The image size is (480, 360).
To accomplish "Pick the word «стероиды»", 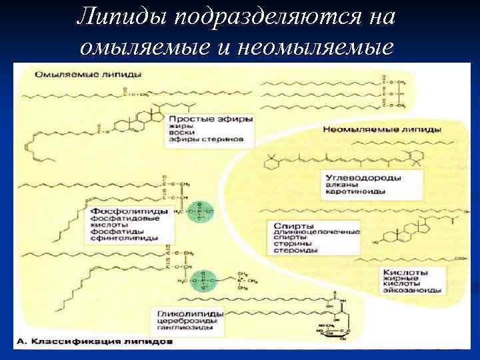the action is (x=293, y=251).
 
